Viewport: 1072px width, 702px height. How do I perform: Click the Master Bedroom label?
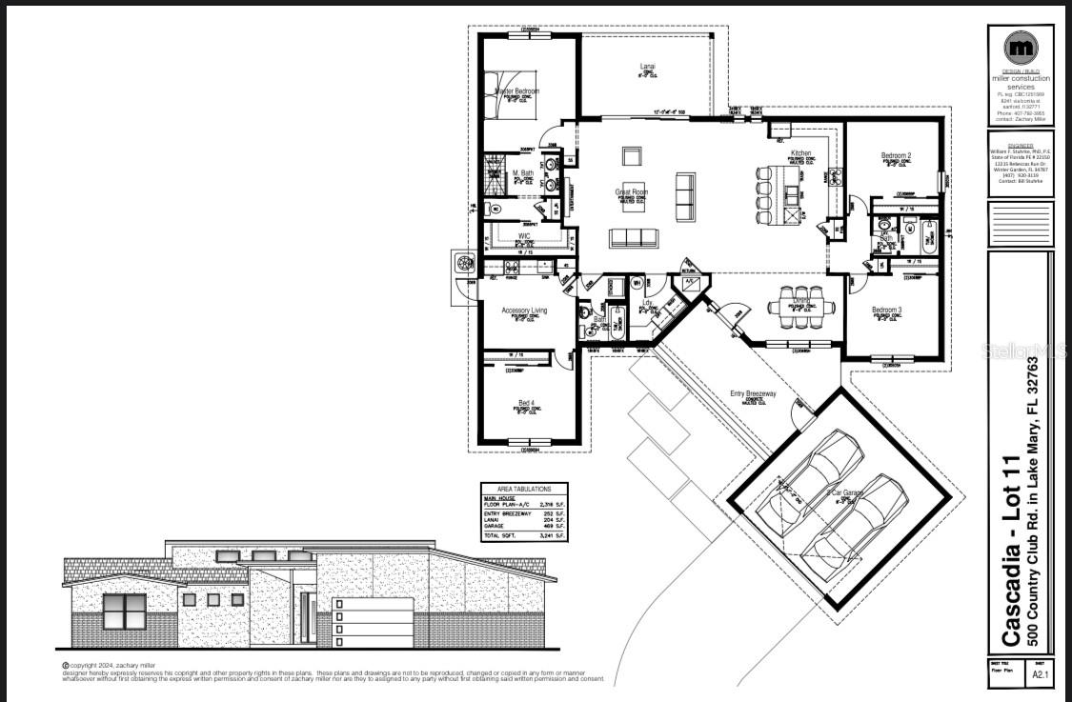[516, 91]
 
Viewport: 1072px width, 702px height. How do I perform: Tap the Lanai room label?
[647, 67]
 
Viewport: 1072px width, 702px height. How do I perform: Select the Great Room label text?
[631, 192]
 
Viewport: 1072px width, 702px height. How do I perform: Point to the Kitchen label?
[800, 153]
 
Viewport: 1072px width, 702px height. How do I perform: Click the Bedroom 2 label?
[896, 155]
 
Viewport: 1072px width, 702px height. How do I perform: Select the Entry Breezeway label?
[753, 393]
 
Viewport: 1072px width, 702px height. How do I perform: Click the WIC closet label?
[524, 235]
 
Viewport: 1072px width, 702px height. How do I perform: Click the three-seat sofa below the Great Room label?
[634, 237]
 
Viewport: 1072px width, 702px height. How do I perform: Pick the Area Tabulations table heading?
[523, 487]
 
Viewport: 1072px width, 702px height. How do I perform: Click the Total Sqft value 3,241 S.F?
[553, 536]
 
